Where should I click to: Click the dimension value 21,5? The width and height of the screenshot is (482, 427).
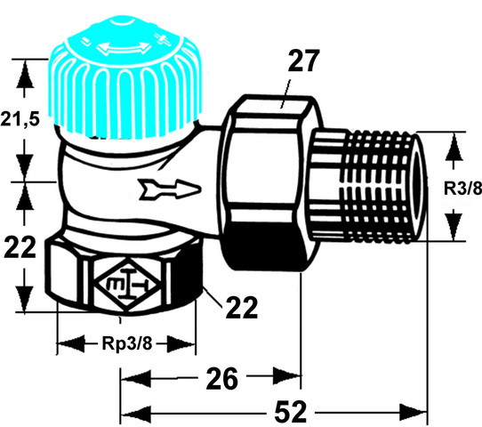[20, 118]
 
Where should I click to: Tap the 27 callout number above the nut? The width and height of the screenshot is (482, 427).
[302, 60]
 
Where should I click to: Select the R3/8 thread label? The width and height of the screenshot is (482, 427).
[463, 188]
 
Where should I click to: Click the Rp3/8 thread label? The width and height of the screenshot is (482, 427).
[126, 342]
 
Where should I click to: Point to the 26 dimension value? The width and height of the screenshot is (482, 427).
[222, 378]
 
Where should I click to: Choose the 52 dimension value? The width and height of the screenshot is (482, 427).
[291, 411]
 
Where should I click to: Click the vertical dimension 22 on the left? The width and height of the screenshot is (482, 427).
[20, 246]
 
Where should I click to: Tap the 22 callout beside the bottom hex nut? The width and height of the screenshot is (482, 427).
[241, 307]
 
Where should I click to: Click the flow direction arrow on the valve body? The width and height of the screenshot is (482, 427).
[169, 189]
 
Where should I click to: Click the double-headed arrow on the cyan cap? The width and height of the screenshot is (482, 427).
[124, 48]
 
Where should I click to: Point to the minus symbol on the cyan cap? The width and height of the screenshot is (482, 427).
[84, 42]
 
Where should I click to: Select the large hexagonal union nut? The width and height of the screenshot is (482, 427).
[264, 181]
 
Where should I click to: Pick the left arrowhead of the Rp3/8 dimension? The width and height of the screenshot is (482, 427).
[71, 343]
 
